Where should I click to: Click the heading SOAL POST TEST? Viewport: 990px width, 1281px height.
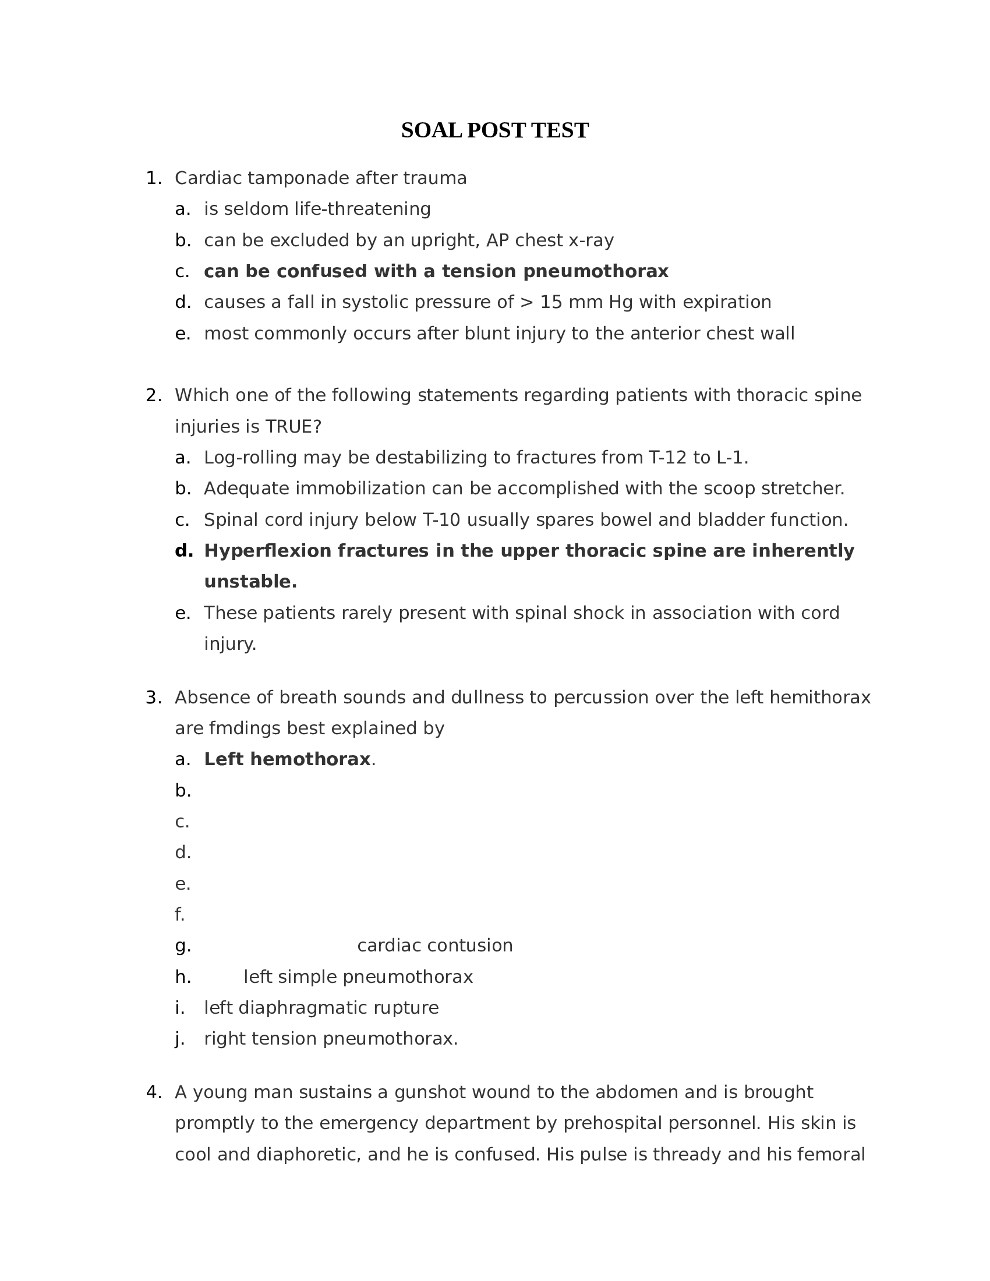click(x=494, y=130)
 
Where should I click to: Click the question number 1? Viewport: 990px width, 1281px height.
click(x=153, y=178)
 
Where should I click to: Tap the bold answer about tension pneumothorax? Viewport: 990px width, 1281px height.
click(x=436, y=271)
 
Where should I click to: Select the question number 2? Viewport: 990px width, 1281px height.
click(x=153, y=395)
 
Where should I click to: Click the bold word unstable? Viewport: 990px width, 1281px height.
click(x=250, y=582)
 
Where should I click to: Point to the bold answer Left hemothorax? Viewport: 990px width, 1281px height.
click(x=287, y=759)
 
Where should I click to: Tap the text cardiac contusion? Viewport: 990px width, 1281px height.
click(x=434, y=946)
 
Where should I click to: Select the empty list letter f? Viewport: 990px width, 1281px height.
click(x=179, y=914)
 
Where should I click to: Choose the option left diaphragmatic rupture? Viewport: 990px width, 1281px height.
click(x=321, y=1008)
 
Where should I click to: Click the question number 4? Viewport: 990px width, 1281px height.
click(x=153, y=1092)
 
